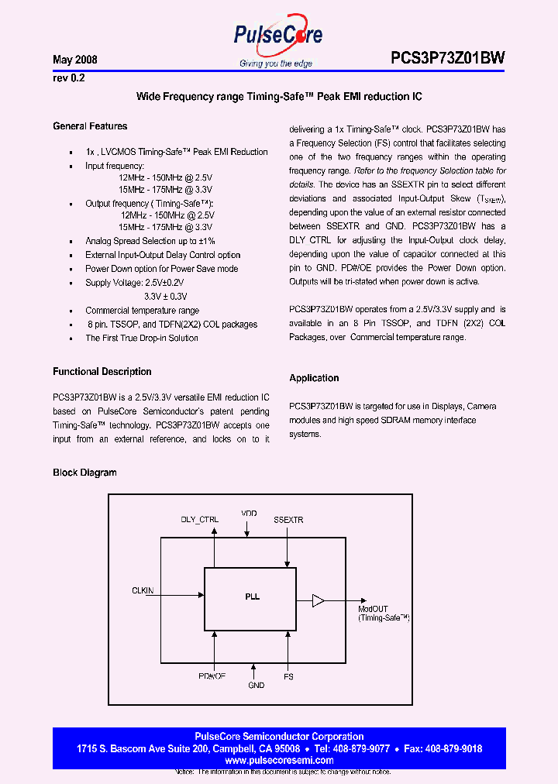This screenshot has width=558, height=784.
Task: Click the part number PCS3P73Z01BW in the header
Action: tap(447, 58)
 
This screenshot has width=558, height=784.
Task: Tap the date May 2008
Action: tap(74, 60)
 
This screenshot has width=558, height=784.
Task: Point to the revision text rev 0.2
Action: tap(67, 77)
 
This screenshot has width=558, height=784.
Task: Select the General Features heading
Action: tap(90, 126)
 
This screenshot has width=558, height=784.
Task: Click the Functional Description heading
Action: tap(102, 372)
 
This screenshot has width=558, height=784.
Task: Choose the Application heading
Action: tap(314, 378)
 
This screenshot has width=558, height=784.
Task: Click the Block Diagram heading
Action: tap(84, 473)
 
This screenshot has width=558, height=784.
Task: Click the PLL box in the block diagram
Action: tap(250, 598)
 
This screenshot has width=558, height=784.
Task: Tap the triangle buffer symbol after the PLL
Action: tap(319, 600)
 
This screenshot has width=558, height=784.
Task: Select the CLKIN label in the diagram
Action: tap(143, 590)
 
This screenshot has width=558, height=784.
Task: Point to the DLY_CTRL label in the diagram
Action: tap(199, 520)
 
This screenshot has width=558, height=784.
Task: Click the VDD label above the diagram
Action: tap(249, 514)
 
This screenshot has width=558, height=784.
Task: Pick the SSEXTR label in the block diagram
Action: tap(288, 520)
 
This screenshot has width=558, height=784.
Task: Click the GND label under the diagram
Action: tap(256, 686)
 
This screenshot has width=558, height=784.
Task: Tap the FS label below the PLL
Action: tap(289, 676)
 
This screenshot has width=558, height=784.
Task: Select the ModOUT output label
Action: tap(372, 609)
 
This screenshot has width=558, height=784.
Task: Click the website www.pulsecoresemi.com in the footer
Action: tap(279, 760)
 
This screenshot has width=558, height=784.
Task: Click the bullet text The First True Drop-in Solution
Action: tap(141, 338)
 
